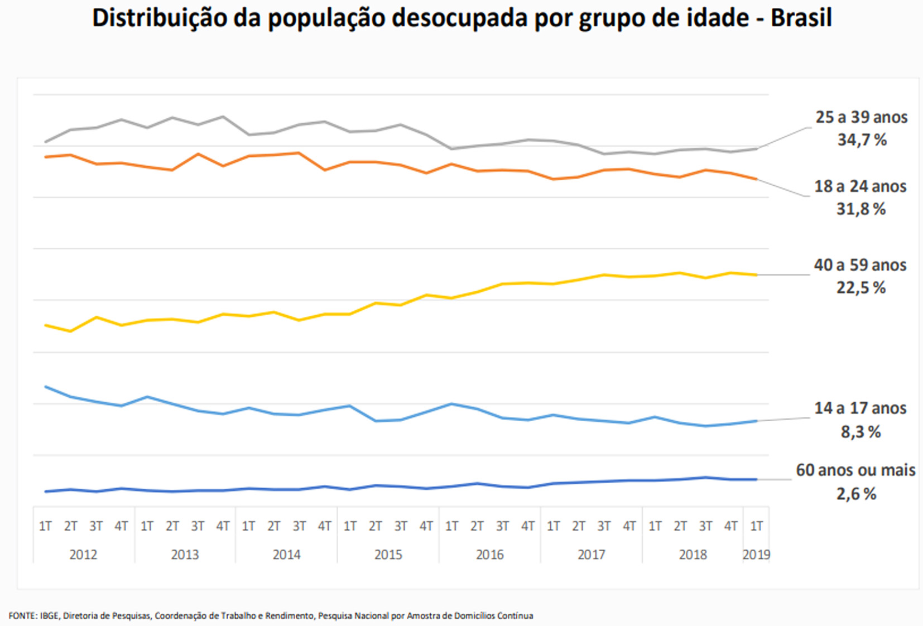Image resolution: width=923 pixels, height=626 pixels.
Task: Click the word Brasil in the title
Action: [x=801, y=18]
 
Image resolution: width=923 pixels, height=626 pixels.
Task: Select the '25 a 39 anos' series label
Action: [x=861, y=117]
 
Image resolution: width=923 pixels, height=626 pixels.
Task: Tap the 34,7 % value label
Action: [x=862, y=140]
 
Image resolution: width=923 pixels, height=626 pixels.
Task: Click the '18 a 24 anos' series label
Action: [x=860, y=186]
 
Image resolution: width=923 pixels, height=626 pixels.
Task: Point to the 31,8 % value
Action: [x=860, y=209]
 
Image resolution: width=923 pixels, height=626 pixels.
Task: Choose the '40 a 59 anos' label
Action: [x=860, y=265]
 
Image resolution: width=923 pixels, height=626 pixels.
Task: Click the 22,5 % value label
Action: [x=860, y=288]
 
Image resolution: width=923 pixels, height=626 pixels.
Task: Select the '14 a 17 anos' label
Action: [x=860, y=408]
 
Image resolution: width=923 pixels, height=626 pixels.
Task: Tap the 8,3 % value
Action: [x=860, y=432]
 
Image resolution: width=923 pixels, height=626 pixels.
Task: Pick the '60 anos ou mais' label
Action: [x=855, y=470]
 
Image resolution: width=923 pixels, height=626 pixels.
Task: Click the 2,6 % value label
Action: [x=856, y=494]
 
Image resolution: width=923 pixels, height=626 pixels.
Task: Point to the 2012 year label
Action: [x=83, y=555]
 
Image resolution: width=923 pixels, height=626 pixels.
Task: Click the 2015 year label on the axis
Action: [x=388, y=555]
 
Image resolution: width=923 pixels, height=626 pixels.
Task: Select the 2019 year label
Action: [x=756, y=555]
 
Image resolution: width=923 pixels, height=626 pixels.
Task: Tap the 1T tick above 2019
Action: [x=756, y=526]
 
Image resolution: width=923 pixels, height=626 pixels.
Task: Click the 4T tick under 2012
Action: [x=121, y=526]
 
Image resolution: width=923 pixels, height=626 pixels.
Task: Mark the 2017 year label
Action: [x=591, y=555]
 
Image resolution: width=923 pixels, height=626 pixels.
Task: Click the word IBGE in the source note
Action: [x=50, y=616]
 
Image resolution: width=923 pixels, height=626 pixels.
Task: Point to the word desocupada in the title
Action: [x=460, y=18]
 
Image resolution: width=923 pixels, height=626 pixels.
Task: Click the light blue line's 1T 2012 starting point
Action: [x=46, y=387]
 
